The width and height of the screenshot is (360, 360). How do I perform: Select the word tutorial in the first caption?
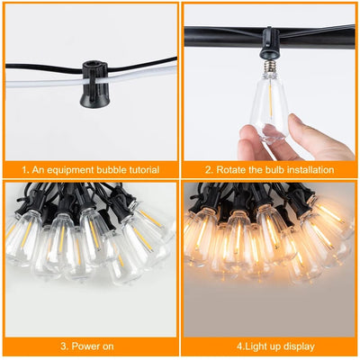(x=144, y=169)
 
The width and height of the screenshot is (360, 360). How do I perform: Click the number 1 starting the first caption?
(x=24, y=169)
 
